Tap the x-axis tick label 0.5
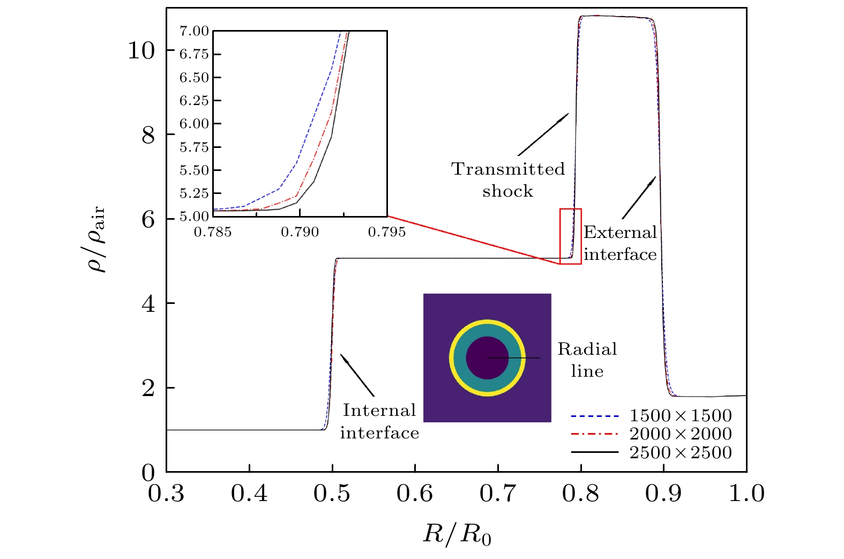tap(332, 494)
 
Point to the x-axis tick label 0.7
tap(498, 494)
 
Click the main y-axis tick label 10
tap(141, 51)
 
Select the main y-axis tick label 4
tap(148, 304)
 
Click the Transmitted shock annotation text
tap(507, 180)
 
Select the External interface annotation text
tap(620, 243)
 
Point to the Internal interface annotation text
tap(379, 421)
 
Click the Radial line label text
tap(587, 360)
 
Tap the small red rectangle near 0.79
tap(570, 236)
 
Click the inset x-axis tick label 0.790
tap(300, 233)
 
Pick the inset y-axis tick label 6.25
tap(194, 101)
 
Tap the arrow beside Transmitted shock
tap(543, 135)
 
